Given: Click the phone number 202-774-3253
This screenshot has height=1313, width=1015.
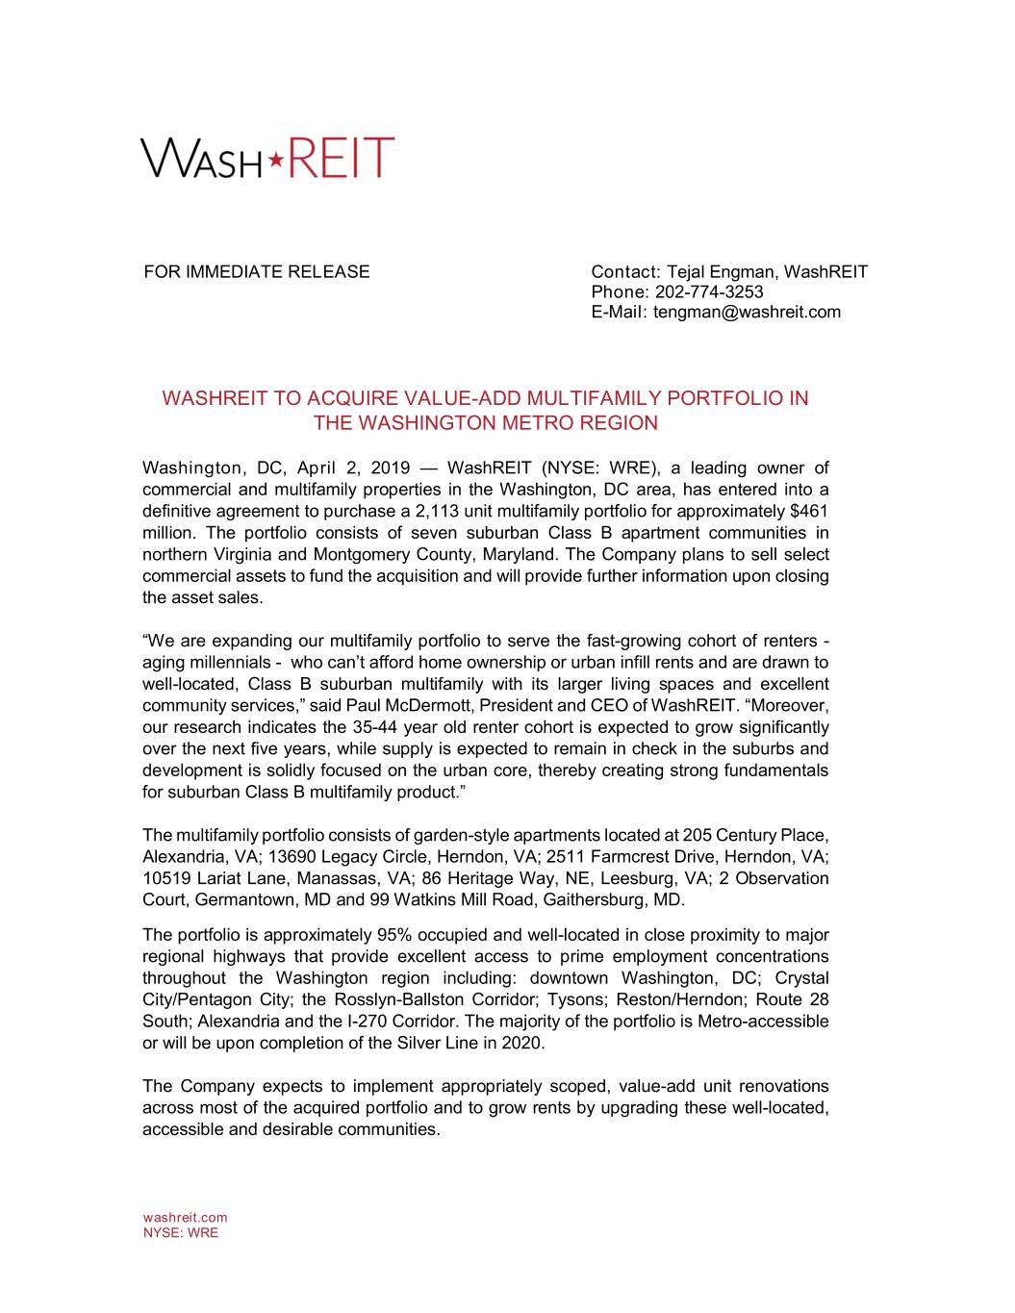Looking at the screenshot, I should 709,291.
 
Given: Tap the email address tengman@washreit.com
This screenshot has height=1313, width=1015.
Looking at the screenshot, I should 747,312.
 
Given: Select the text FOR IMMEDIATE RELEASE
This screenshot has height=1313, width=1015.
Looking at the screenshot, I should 256,271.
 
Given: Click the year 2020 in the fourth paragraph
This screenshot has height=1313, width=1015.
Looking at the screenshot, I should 522,1043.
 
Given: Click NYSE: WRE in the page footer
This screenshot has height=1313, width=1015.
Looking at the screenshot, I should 180,1232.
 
